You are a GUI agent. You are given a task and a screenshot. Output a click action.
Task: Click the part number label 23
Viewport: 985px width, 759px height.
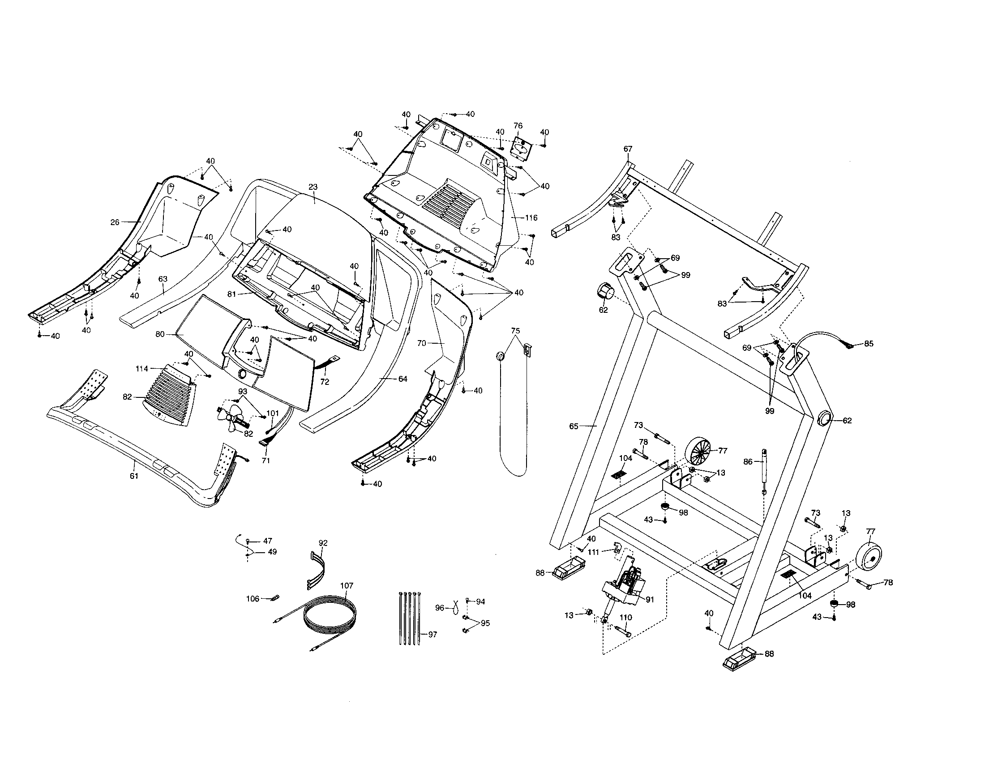(313, 187)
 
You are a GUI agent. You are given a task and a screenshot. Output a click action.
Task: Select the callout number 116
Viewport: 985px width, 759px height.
(531, 217)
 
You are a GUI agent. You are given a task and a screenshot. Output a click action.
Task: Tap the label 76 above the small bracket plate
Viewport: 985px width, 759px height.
(518, 126)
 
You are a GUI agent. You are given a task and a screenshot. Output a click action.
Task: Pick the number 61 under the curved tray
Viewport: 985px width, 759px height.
(134, 476)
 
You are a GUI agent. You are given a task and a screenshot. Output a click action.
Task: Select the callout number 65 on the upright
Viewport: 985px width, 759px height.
(574, 426)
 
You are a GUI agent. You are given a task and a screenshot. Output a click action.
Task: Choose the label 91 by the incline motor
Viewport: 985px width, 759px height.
(650, 599)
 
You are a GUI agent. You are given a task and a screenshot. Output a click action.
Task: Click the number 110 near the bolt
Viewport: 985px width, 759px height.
(626, 617)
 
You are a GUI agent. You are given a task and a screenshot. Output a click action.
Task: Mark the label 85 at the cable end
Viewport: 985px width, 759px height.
(869, 343)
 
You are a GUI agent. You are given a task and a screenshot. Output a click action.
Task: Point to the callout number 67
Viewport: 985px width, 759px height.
(628, 149)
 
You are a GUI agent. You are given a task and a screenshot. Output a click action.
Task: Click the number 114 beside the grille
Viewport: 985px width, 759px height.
(141, 369)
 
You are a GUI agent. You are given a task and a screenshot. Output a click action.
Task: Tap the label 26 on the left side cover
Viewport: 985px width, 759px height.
(115, 222)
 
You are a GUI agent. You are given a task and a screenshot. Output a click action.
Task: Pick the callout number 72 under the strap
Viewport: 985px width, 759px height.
(325, 382)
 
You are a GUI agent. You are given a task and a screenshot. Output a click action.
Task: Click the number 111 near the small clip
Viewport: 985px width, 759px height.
(594, 552)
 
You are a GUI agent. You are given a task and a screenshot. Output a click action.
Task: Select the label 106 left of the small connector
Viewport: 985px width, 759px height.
(253, 598)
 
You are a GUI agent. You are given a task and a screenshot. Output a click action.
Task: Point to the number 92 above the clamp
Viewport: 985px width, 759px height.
(323, 543)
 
